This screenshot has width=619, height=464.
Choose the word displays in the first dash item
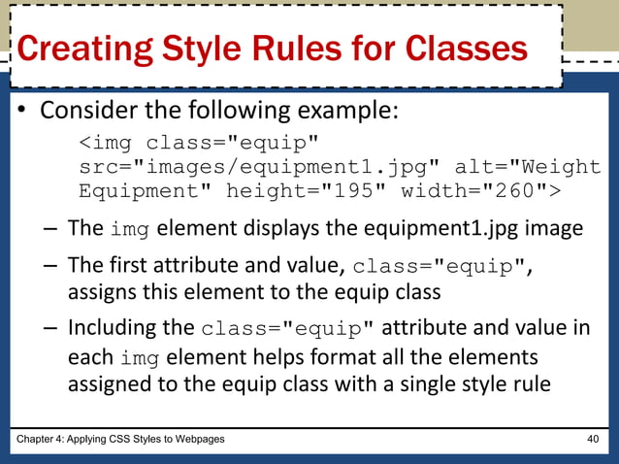284,230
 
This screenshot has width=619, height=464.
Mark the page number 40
592,440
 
